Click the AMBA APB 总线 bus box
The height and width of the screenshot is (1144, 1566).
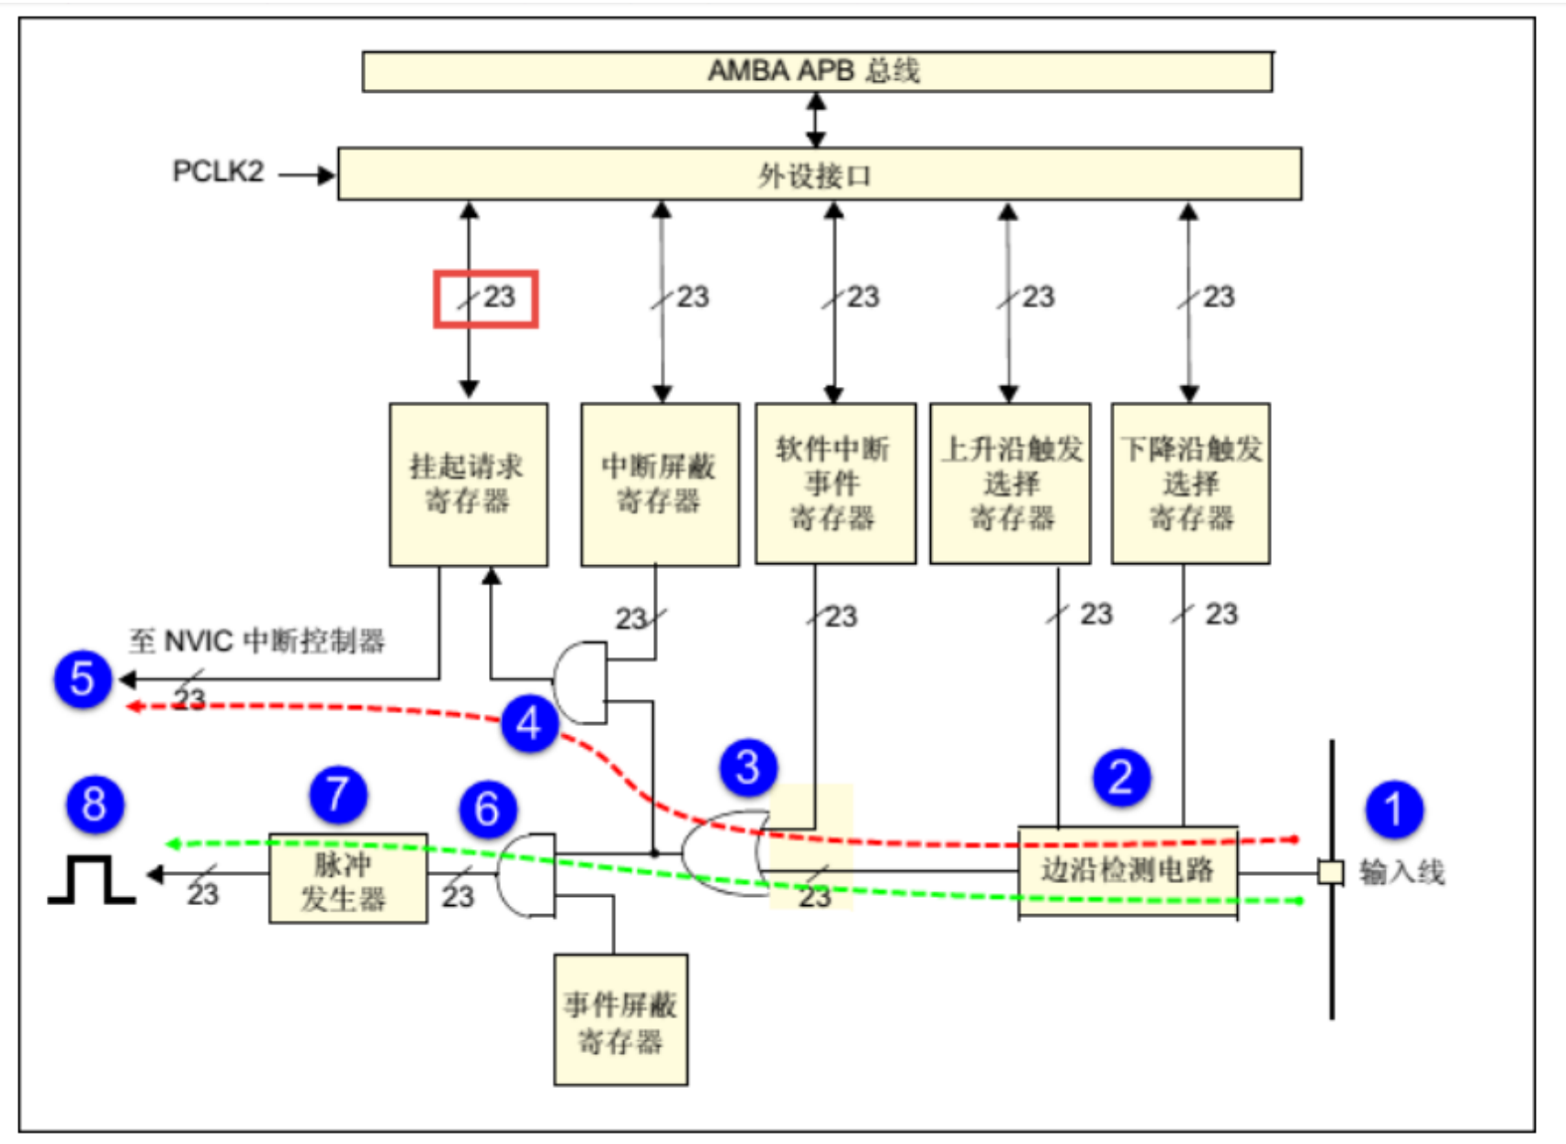click(x=817, y=72)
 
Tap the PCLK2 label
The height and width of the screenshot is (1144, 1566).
click(x=218, y=172)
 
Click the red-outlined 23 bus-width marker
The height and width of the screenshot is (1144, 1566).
click(x=486, y=299)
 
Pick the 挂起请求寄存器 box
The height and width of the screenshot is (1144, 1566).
click(x=468, y=484)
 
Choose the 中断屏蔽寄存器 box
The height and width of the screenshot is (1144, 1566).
click(x=660, y=484)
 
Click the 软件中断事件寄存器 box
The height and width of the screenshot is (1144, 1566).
click(x=834, y=483)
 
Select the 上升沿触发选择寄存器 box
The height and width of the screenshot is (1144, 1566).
click(x=1010, y=483)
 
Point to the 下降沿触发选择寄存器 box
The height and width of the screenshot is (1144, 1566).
click(x=1190, y=483)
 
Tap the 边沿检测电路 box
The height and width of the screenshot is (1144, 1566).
click(x=1128, y=870)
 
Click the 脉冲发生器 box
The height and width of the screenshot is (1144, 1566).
click(x=347, y=878)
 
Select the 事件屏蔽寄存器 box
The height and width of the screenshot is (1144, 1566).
click(x=620, y=1020)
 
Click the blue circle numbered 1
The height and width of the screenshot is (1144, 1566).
click(x=1393, y=810)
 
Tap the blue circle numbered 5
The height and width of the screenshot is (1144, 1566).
click(x=83, y=680)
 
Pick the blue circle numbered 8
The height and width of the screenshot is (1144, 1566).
click(x=95, y=804)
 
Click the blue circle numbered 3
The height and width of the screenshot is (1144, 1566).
click(x=748, y=767)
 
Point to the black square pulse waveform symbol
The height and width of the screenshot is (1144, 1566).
click(x=92, y=879)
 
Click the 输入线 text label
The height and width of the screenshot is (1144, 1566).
click(x=1401, y=872)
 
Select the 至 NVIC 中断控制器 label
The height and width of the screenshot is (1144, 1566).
click(x=256, y=640)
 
